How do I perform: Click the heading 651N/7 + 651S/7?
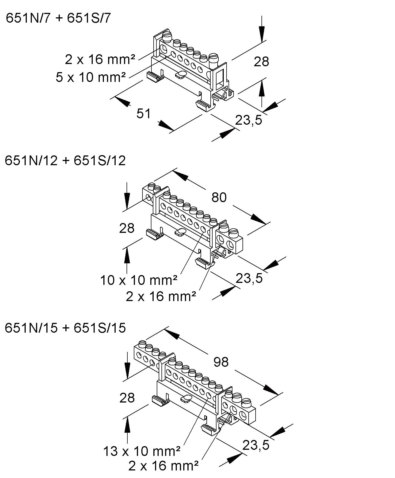[58, 18]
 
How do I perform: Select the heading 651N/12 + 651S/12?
[65, 161]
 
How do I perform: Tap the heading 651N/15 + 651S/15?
[65, 328]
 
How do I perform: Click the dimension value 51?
[144, 114]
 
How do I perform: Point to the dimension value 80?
[219, 198]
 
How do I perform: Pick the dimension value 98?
[221, 362]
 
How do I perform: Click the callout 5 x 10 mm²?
[91, 77]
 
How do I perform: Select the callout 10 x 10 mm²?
[139, 280]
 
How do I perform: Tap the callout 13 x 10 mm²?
[142, 451]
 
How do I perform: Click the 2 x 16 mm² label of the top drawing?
[100, 60]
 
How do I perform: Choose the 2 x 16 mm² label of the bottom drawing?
[163, 466]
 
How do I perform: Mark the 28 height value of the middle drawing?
[127, 228]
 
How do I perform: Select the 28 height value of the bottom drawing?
[127, 398]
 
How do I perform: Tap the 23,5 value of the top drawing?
[249, 120]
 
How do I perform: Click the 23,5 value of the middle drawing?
[249, 278]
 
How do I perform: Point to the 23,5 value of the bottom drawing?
[256, 445]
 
